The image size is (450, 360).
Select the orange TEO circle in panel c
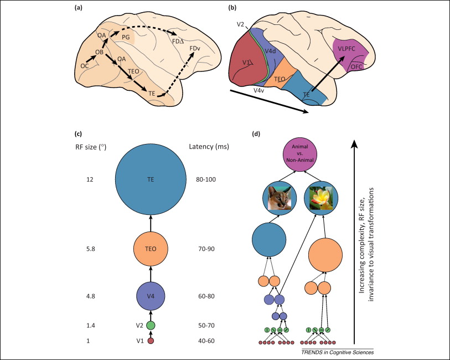150,249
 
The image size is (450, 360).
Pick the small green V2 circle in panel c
151,325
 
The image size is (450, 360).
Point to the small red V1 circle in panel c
151,341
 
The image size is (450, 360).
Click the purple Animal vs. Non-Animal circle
302,152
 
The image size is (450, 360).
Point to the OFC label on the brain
356,67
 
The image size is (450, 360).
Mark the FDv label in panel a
195,49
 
